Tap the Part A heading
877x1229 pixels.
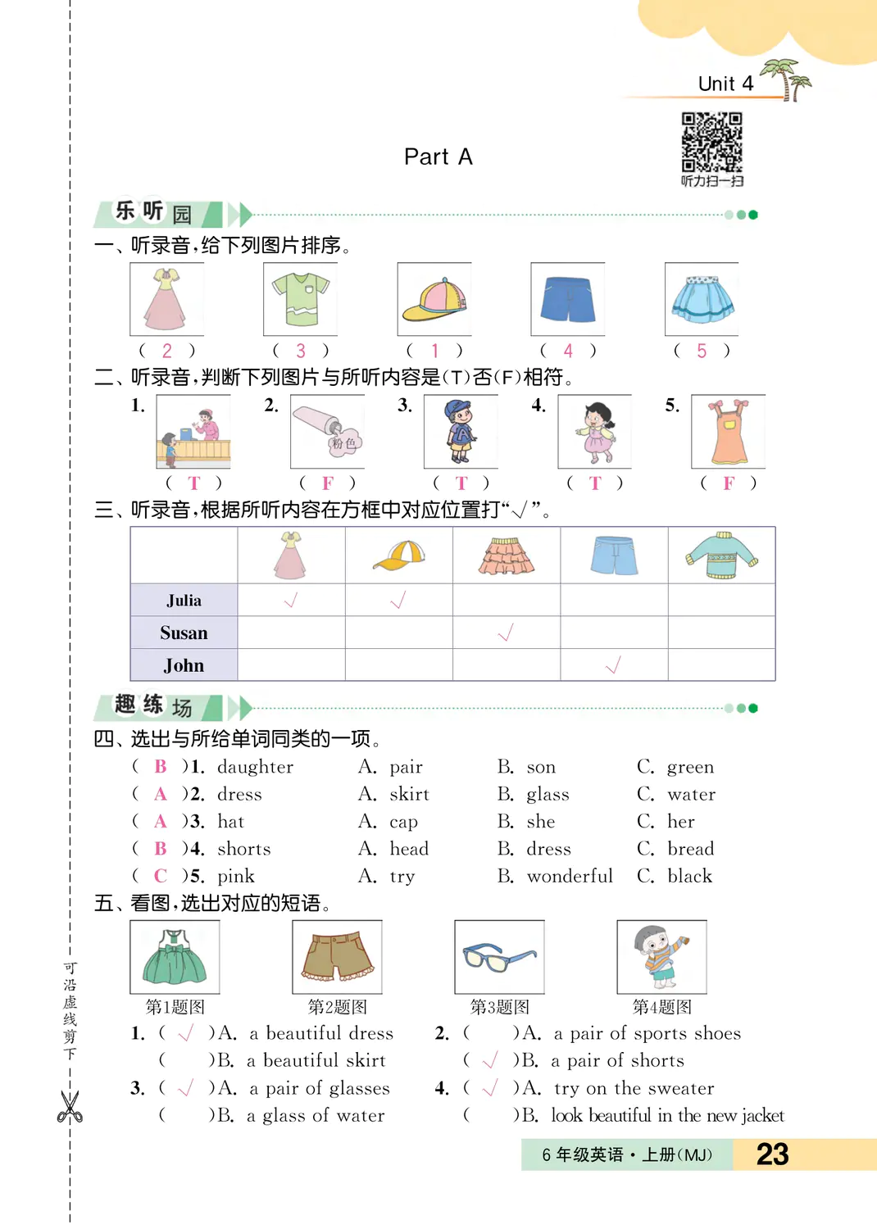click(438, 157)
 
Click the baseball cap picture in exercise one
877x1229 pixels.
click(434, 300)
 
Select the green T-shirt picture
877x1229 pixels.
click(300, 299)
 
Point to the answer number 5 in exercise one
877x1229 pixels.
click(702, 351)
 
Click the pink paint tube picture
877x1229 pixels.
click(327, 432)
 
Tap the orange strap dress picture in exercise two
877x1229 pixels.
click(728, 431)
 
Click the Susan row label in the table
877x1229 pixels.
click(184, 633)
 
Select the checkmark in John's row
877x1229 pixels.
click(613, 665)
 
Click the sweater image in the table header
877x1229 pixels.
click(721, 556)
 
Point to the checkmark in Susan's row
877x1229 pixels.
click(506, 633)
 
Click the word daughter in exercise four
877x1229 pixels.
click(255, 767)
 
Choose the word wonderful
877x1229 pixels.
click(570, 877)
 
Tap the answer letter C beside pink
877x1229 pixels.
click(161, 877)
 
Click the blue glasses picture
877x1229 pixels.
click(499, 957)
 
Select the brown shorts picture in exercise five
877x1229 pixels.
click(337, 957)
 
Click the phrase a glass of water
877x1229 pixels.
click(316, 1116)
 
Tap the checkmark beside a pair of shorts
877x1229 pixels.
click(490, 1061)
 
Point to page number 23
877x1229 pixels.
click(772, 1154)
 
